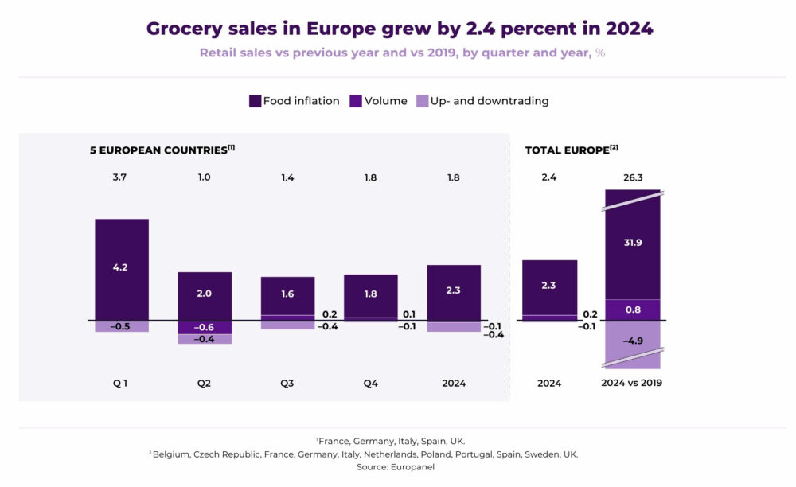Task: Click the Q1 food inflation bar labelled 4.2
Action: pos(121,268)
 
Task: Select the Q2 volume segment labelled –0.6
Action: pos(204,327)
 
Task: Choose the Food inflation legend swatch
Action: pos(256,101)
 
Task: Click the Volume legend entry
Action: pos(379,101)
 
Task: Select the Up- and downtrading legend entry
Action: pos(483,101)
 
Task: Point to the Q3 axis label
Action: pos(287,384)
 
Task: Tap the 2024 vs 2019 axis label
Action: pos(633,384)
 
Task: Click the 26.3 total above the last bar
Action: pos(633,177)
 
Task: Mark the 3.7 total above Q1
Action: pos(121,177)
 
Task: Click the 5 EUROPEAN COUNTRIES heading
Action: pos(162,149)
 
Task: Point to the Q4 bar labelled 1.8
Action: pos(370,295)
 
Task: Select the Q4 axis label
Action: pos(370,384)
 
